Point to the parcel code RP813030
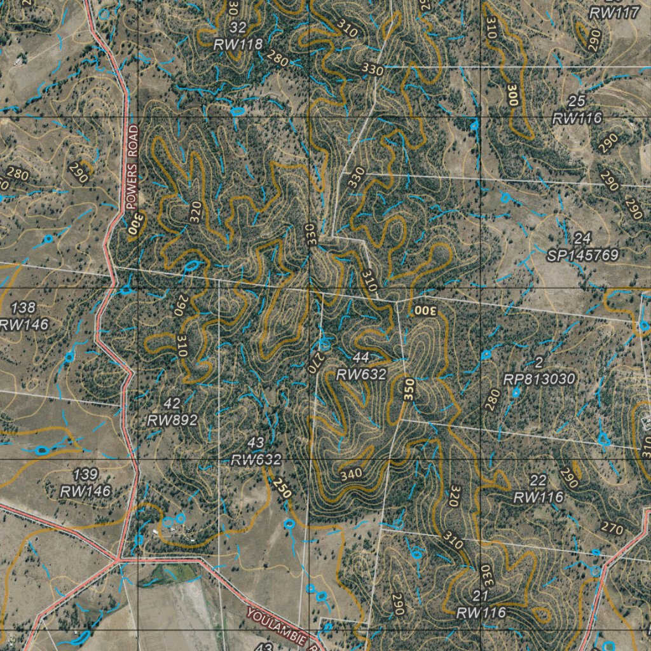pos(539,380)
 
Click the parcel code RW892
pos(172,420)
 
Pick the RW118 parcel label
pos(238,45)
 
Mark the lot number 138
pos(24,308)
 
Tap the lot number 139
pos(85,474)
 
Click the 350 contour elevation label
pos(409,388)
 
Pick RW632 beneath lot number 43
pos(256,460)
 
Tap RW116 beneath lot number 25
pos(577,118)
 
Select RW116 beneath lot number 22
pos(538,497)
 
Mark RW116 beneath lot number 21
pos(481,613)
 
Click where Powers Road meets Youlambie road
pos(119,559)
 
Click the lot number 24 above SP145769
pos(582,239)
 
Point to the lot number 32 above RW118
pos(238,27)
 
